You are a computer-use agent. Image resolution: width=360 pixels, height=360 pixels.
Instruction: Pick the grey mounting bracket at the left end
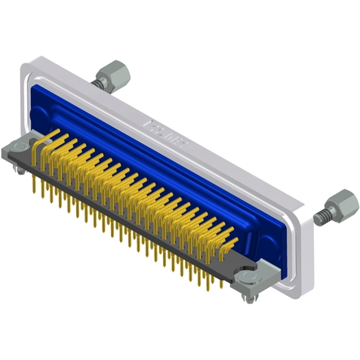[x=19, y=150]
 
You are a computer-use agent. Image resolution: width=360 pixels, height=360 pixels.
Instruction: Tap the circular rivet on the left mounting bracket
[x=19, y=149]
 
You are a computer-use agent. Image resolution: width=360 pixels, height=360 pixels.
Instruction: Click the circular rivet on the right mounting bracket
[x=250, y=281]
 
